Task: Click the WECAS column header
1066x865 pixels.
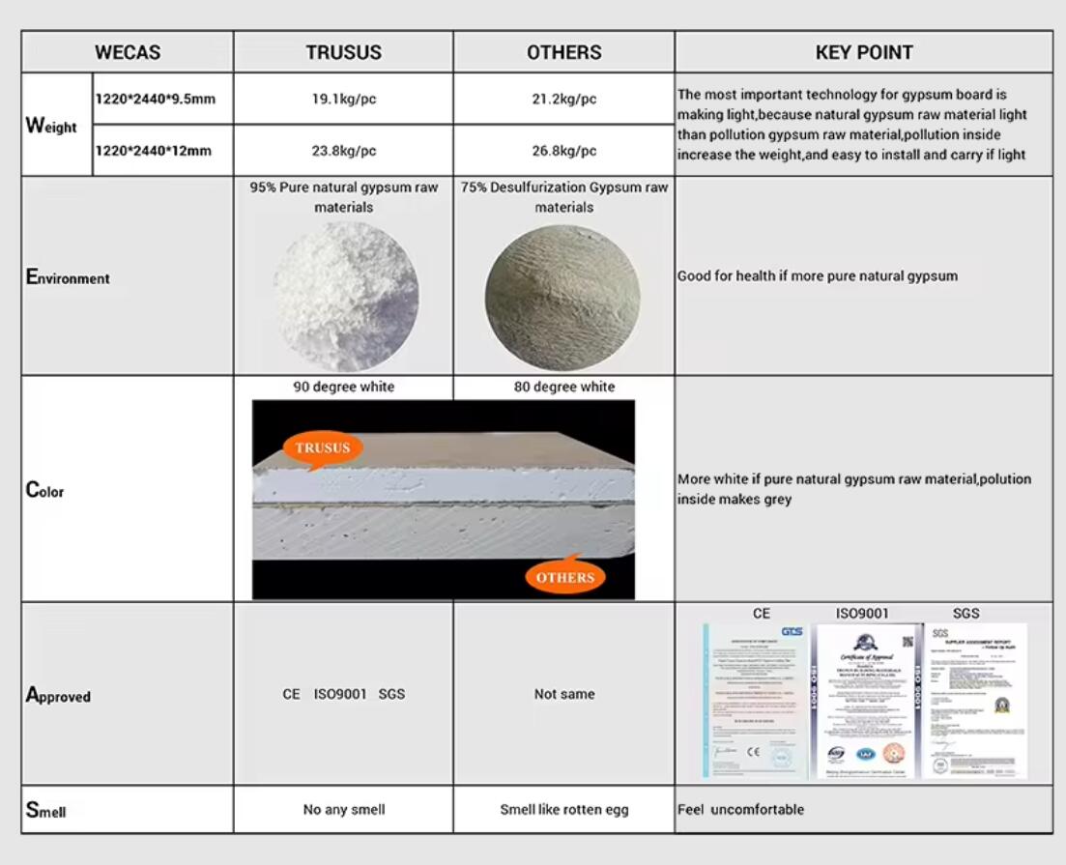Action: (128, 52)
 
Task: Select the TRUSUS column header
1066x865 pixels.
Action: (343, 52)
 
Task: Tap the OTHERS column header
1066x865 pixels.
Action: (564, 52)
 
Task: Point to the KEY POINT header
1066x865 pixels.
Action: (864, 52)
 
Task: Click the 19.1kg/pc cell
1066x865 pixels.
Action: (343, 99)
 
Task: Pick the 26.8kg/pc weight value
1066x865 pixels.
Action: (564, 151)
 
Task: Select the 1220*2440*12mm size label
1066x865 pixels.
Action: (154, 151)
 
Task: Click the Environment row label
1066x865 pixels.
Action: (68, 278)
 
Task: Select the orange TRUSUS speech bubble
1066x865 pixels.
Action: (323, 447)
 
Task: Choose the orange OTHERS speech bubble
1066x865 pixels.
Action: (565, 577)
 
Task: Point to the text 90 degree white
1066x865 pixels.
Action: (343, 387)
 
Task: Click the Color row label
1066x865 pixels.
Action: (45, 491)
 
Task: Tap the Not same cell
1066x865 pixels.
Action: (564, 694)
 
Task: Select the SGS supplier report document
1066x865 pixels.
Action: (975, 700)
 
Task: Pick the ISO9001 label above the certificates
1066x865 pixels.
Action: (862, 613)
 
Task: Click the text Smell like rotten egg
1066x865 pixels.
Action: (564, 809)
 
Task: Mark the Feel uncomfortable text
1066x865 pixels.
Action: (740, 809)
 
